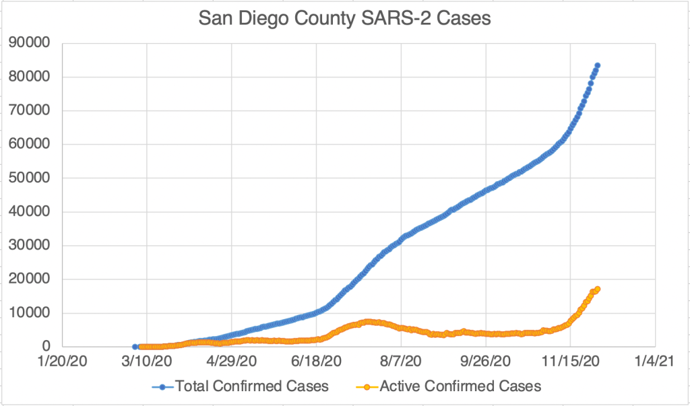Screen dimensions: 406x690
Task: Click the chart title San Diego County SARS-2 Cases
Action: [x=345, y=18]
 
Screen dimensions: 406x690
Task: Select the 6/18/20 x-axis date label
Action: [x=317, y=362]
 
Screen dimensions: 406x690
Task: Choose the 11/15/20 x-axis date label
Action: [x=570, y=362]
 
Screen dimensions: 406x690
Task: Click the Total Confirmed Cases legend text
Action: [x=252, y=386]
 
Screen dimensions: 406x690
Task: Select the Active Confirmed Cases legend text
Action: [x=460, y=386]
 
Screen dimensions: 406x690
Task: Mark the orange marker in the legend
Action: [x=367, y=386]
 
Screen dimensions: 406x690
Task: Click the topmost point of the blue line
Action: [x=597, y=65]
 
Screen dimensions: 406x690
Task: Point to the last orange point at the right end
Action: [x=597, y=289]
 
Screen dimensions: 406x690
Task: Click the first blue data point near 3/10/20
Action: [x=135, y=346]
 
